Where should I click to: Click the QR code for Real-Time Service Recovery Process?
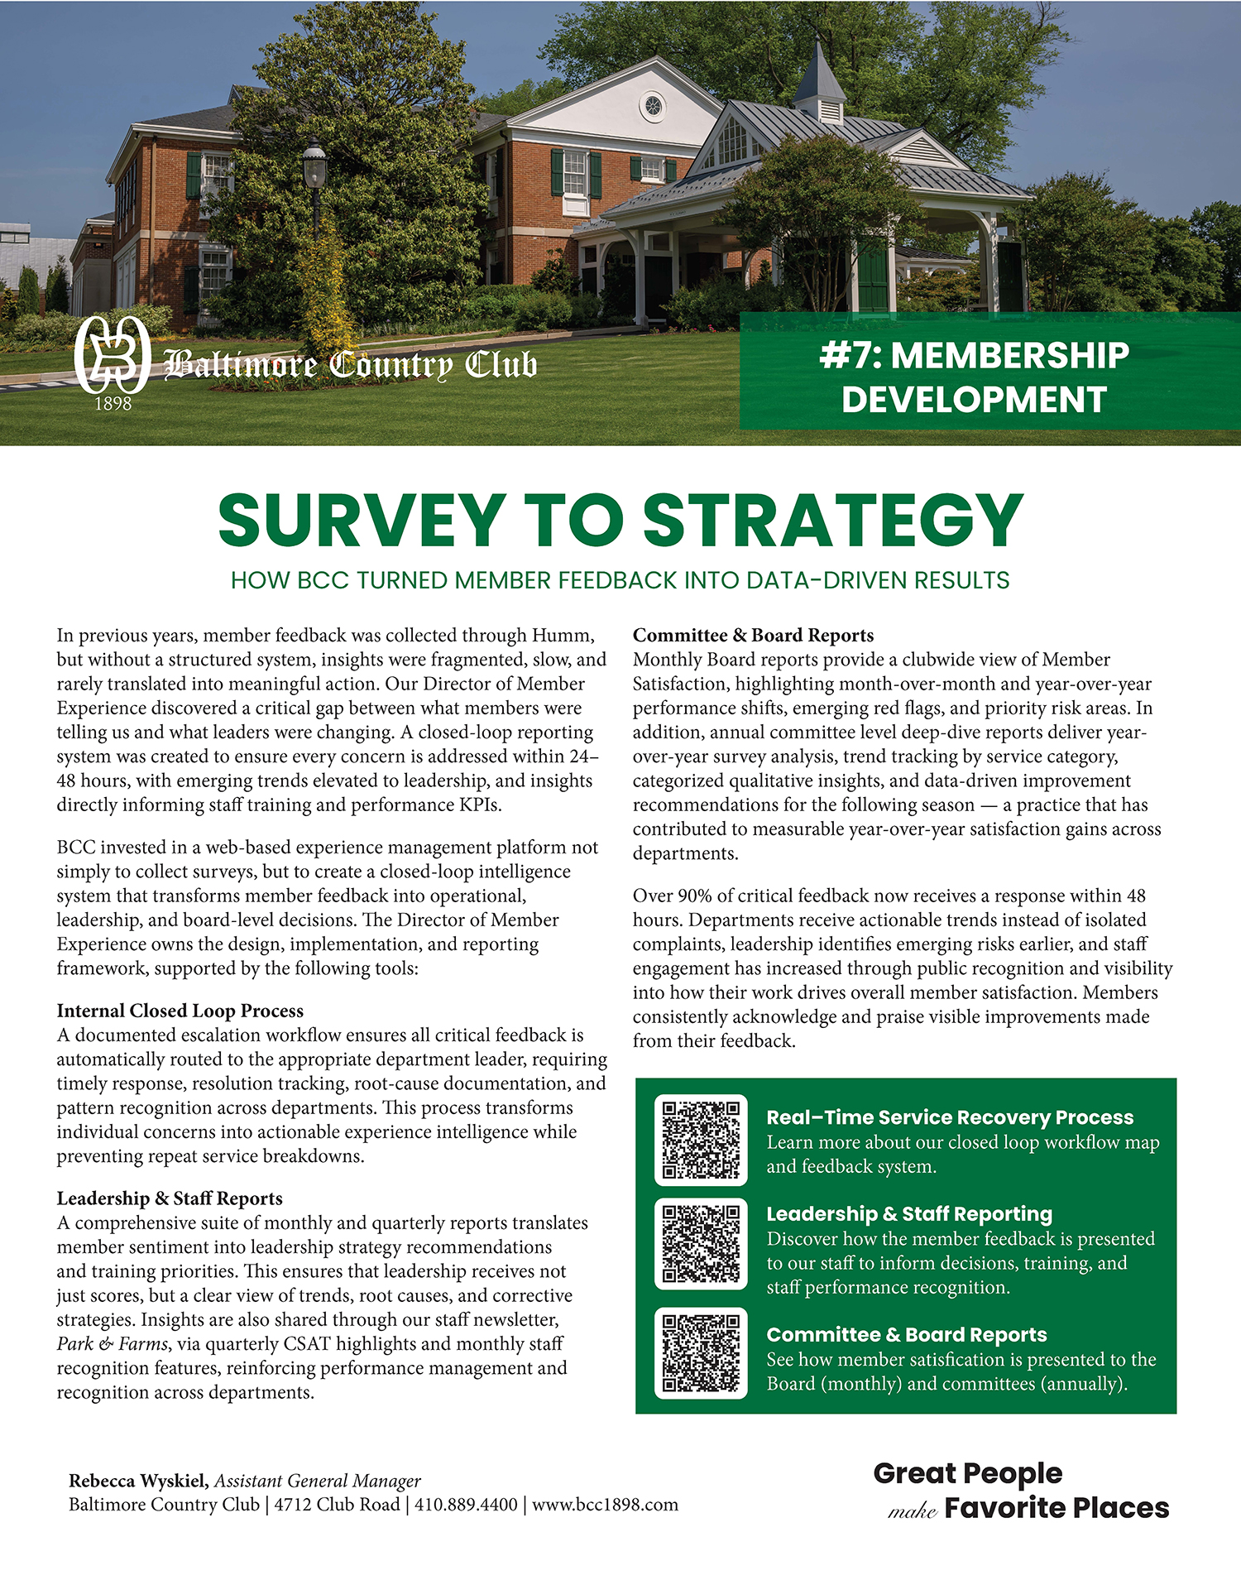[x=701, y=1140]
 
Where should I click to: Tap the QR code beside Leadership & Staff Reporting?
[x=701, y=1243]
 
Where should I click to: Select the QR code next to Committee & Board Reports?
[x=701, y=1353]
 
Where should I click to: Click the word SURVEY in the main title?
[x=362, y=520]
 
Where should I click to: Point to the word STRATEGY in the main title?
[x=833, y=520]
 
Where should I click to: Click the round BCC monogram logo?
[x=112, y=354]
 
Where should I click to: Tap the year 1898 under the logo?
[x=113, y=404]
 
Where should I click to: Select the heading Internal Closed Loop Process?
[x=180, y=1011]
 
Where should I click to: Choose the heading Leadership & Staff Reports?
[x=169, y=1198]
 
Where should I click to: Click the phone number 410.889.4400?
[x=466, y=1504]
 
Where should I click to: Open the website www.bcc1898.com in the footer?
[x=605, y=1504]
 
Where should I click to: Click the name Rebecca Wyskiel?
[x=138, y=1481]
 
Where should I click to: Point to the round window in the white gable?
[x=652, y=106]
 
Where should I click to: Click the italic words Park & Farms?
[x=113, y=1343]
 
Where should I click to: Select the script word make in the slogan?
[x=912, y=1511]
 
